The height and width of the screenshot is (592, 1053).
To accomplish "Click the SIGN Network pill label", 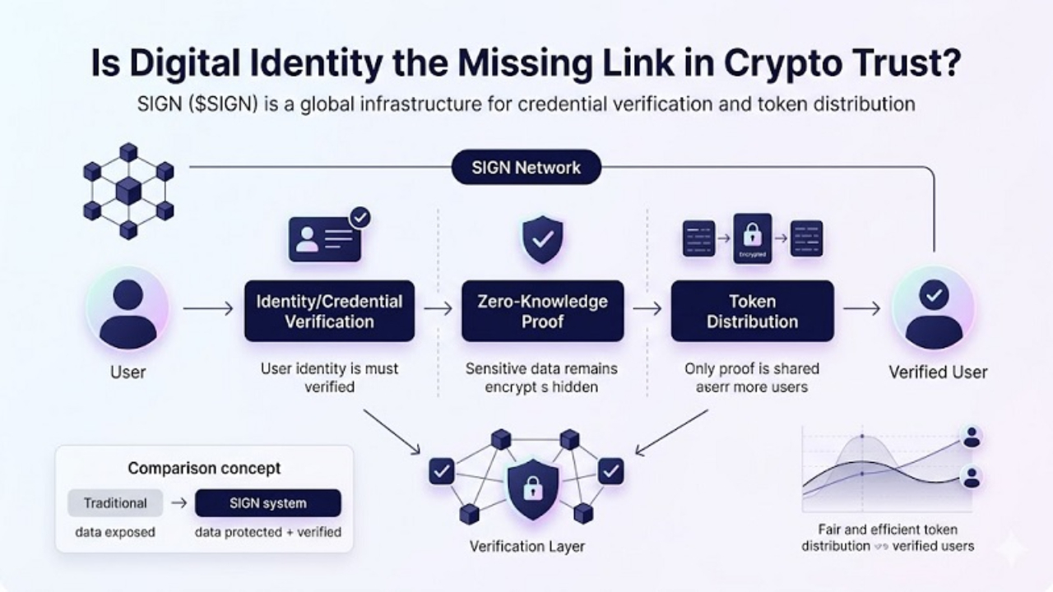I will (x=526, y=168).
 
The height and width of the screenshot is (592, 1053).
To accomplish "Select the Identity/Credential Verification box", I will (x=329, y=311).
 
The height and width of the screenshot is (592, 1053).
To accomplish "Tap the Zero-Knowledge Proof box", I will (x=542, y=311).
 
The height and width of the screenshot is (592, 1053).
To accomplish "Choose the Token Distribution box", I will (x=752, y=311).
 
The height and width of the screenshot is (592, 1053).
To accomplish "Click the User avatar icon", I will (x=128, y=312).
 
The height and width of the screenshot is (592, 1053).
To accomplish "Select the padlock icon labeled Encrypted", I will (x=753, y=238).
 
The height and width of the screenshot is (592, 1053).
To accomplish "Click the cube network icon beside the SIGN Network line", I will (x=128, y=191).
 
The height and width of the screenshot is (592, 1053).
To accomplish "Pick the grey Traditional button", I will (x=114, y=503).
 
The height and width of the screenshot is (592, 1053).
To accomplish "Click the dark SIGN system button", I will (x=267, y=503).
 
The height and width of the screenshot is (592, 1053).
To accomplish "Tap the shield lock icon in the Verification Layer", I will (x=526, y=487).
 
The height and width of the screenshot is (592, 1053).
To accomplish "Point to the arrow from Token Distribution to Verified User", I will (x=861, y=308).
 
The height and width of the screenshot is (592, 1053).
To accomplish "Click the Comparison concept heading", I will (x=204, y=469).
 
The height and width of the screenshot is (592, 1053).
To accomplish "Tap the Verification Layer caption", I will (x=527, y=546).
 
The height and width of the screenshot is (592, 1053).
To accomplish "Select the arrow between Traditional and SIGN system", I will (x=179, y=503).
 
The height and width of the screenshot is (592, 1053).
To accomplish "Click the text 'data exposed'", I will (x=114, y=532).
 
